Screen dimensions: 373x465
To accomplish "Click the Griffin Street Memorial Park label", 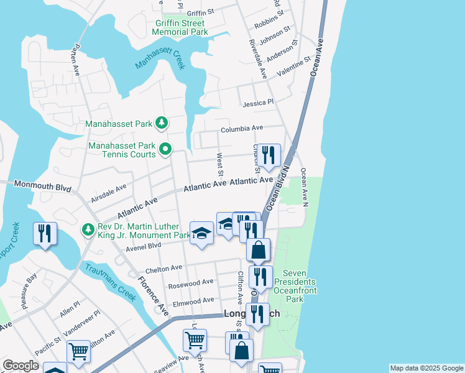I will tap(181, 27).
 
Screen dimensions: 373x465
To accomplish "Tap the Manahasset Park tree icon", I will tap(161, 122).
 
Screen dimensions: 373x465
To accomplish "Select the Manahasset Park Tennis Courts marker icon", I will tap(165, 149).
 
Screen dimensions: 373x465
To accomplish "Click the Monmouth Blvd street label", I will tap(42, 185).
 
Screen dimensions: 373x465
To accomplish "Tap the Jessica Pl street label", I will tap(258, 103).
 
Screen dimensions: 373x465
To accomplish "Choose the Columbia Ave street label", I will tap(242, 128).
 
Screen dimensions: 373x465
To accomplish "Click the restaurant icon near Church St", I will tap(269, 155).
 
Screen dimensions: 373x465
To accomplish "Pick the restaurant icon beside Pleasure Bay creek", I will tap(45, 233).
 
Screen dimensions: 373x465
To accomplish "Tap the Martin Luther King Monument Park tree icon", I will tap(89, 230).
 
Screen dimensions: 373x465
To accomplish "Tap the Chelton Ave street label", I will tap(163, 269).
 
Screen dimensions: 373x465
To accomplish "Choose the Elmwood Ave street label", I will tap(193, 303).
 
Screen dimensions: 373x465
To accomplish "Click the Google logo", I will tap(21, 366).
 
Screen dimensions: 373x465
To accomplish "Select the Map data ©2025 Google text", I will tap(425, 368).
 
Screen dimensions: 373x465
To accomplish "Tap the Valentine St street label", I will tap(293, 66).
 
